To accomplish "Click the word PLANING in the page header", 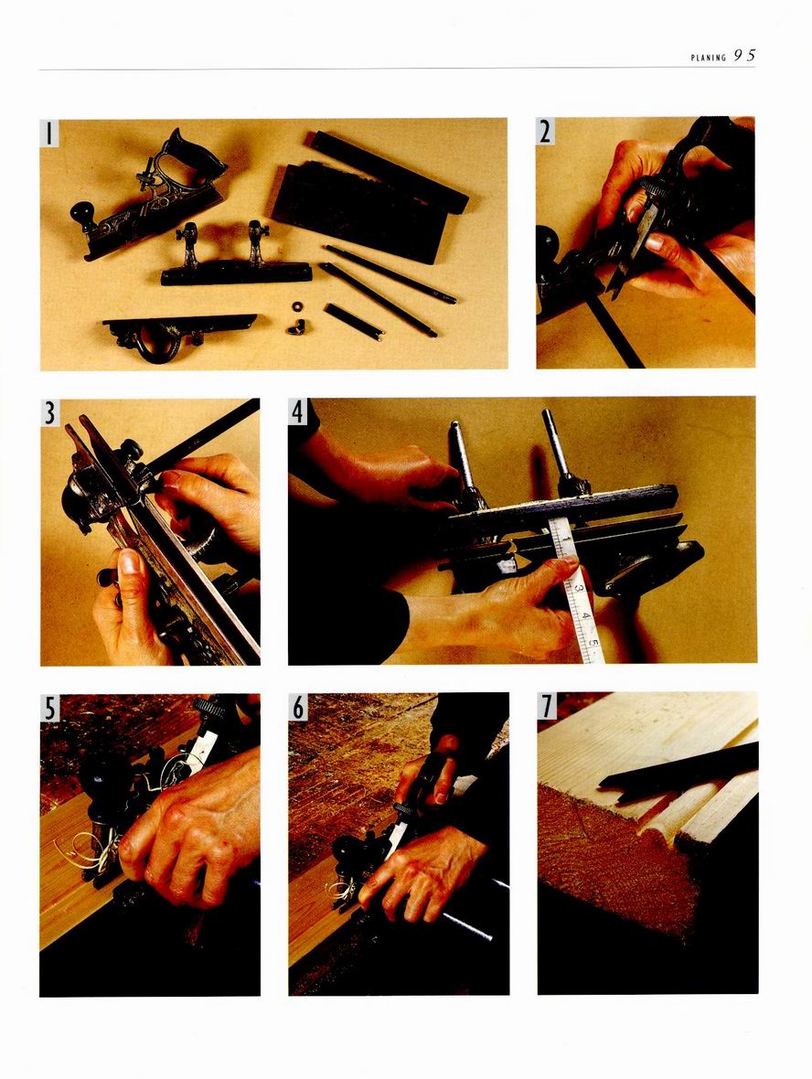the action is tap(708, 59).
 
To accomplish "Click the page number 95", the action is tap(744, 56).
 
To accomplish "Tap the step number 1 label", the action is tap(48, 133).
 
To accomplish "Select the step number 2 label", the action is tap(545, 132).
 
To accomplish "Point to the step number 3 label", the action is tap(49, 413).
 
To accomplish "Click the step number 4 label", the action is tap(297, 412).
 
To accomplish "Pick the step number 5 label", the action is tap(49, 708).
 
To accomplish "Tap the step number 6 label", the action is tap(297, 707).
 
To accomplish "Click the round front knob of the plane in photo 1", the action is tap(82, 212).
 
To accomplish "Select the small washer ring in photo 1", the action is tap(296, 305).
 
